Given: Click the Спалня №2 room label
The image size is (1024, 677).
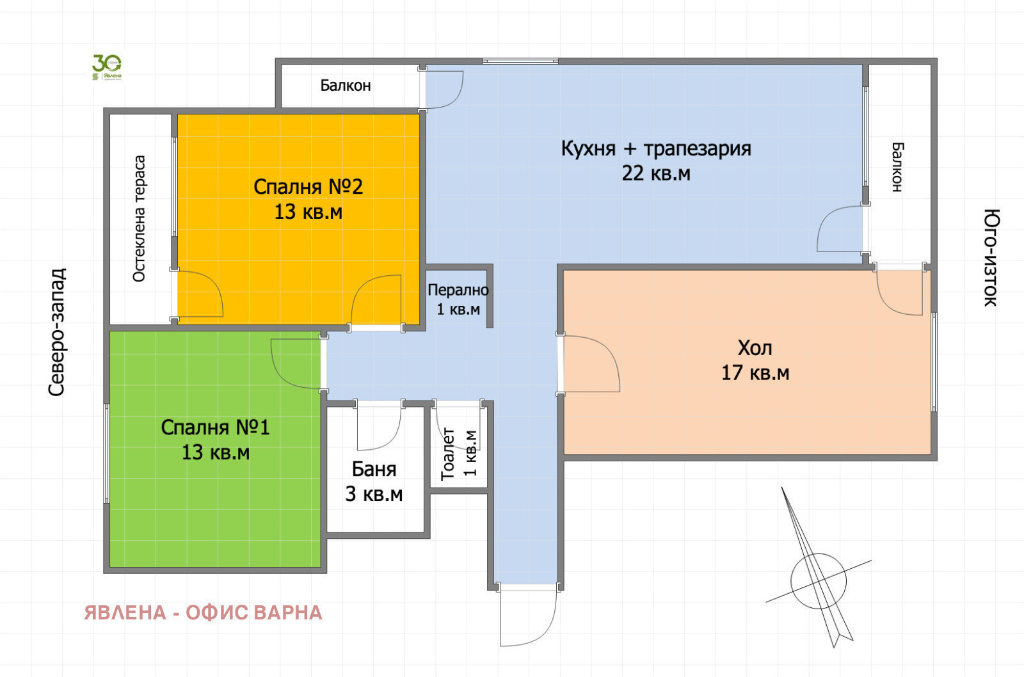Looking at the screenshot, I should (308, 187).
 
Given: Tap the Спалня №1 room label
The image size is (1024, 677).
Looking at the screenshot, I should (215, 427).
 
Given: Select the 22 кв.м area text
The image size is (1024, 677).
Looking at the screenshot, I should (656, 173).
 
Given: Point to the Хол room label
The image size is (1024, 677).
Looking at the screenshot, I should (755, 348).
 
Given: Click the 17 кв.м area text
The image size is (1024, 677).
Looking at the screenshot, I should (755, 373).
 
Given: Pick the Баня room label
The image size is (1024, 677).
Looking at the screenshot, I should (374, 469).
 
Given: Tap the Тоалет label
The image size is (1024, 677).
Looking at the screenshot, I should (448, 454).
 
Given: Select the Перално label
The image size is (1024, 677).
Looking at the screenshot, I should (458, 290).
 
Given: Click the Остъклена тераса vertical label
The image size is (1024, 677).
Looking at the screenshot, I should (139, 218).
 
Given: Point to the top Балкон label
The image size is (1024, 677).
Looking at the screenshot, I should (346, 85).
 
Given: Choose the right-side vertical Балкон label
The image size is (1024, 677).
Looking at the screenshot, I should (897, 167).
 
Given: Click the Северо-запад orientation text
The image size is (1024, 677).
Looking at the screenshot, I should (57, 331).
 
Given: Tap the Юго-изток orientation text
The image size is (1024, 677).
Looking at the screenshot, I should (990, 257).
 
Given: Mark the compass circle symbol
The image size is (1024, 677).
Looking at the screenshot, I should (818, 581).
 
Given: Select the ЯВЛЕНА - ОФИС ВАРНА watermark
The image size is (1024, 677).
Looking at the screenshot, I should (203, 613).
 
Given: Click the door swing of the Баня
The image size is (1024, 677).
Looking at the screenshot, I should (379, 427).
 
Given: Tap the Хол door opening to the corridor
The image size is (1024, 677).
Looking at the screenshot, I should (589, 363).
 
